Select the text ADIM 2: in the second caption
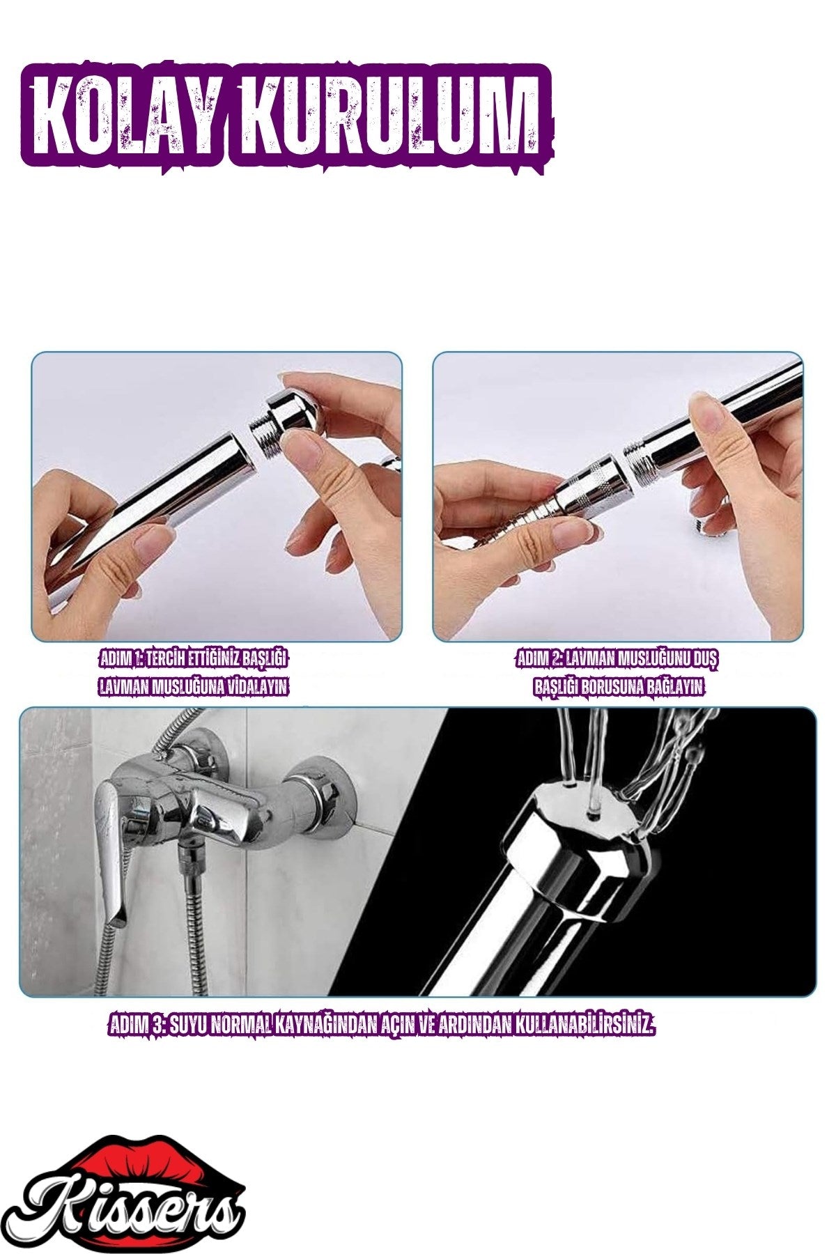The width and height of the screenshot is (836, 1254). click(x=540, y=659)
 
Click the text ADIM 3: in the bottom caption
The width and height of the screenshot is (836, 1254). click(x=137, y=1024)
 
